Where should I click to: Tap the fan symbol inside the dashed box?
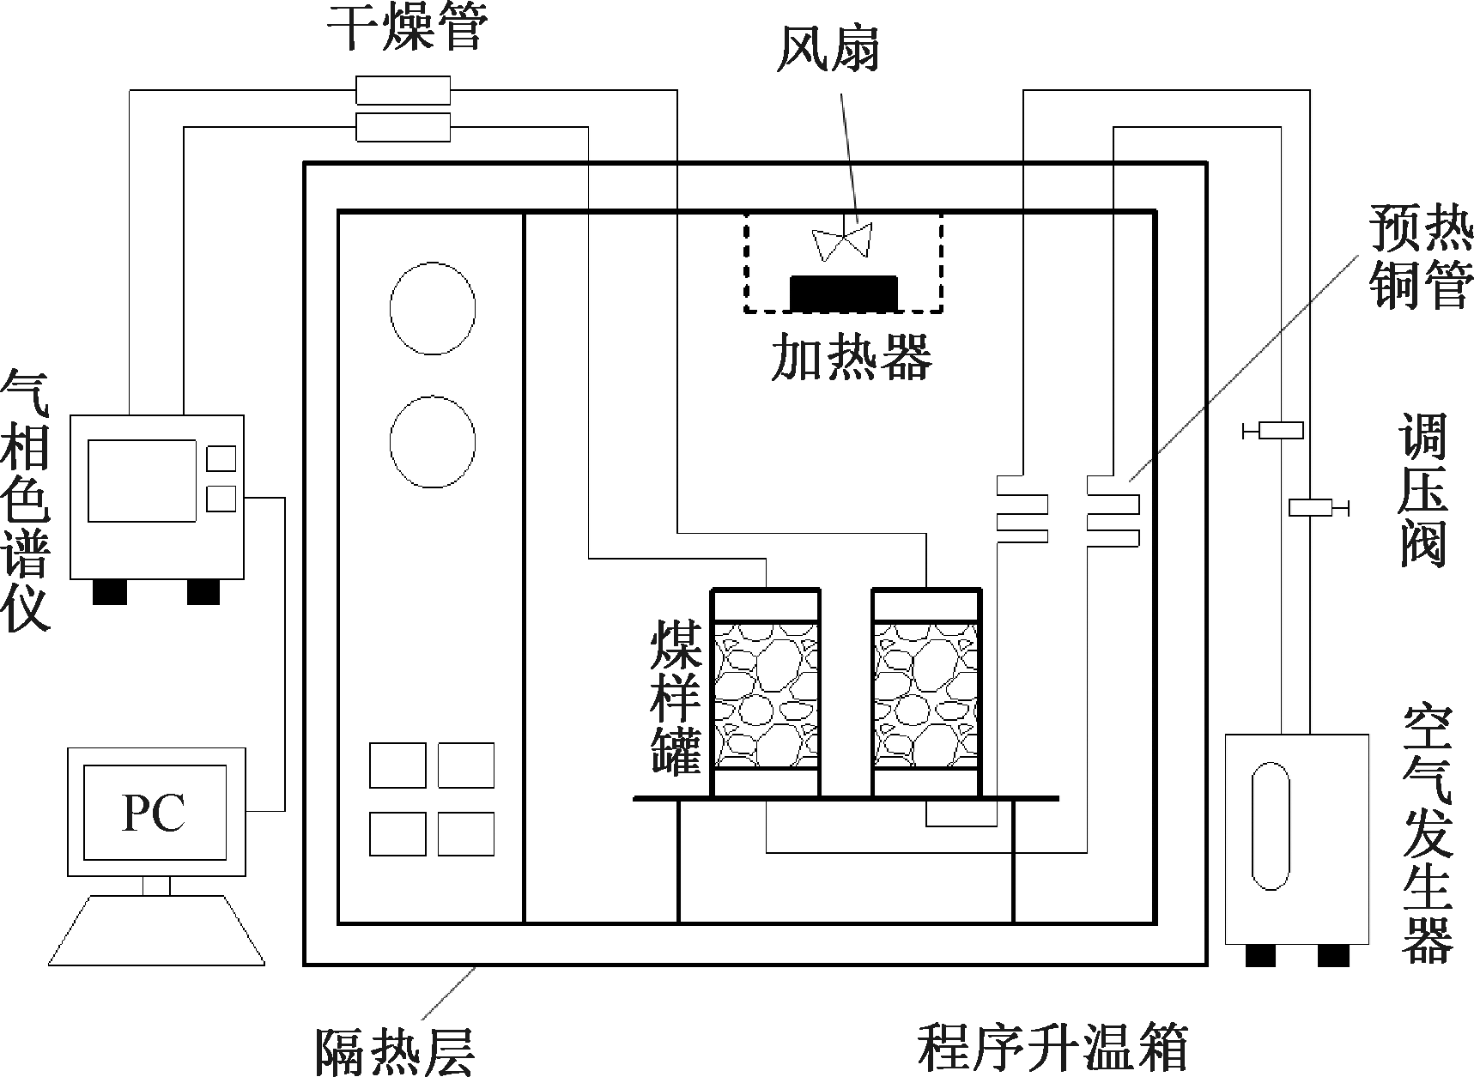coord(843,242)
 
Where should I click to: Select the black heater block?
coord(844,293)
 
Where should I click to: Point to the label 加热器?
coord(851,355)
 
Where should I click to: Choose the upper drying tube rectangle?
coord(403,89)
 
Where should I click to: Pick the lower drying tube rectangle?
coord(403,127)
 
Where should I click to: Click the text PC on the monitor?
coord(155,812)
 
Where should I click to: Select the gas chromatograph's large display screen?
coord(143,481)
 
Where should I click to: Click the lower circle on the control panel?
coord(433,441)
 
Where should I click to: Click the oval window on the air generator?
coord(1271,827)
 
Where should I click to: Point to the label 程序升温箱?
coord(1052,1045)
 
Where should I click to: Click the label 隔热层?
coord(395,1050)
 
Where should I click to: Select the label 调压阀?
coord(1423,491)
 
